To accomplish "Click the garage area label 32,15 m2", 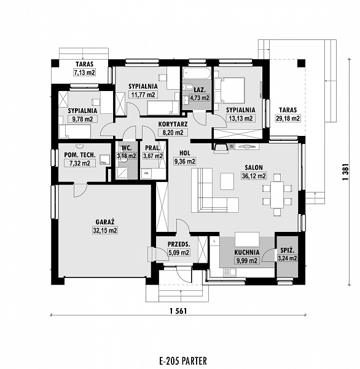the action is [x=105, y=231].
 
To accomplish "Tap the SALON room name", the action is [x=254, y=167].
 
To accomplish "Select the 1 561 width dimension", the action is [x=178, y=311].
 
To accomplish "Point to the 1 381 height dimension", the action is [x=345, y=172].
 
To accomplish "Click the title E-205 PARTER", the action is [x=183, y=361].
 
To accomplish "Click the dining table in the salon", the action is [x=277, y=194].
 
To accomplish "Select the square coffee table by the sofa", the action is [x=227, y=181].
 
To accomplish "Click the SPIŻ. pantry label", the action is [x=288, y=250].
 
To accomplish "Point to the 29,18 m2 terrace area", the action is [x=288, y=118].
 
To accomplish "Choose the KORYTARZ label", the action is [x=173, y=124].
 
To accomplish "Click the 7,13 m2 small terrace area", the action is [x=85, y=73].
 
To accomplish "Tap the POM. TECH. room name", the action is [x=80, y=155].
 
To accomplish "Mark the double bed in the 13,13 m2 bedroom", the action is [x=230, y=90].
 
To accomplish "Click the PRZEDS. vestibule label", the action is [x=179, y=244].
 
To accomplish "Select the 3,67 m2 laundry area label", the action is [x=153, y=156].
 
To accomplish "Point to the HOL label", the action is [x=185, y=153].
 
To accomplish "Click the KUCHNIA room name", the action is [x=247, y=253].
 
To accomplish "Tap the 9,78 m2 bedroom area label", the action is [x=82, y=119].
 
